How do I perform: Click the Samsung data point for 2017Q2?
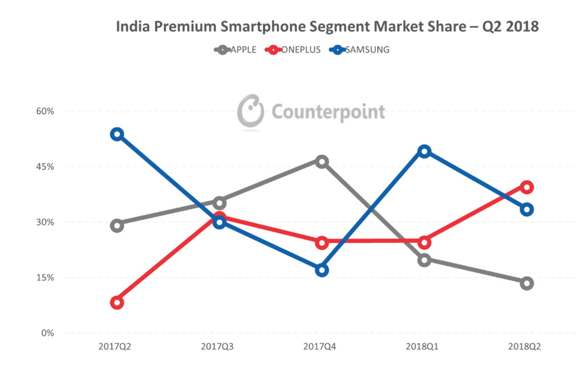point(117,134)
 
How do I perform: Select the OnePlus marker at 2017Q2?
point(117,302)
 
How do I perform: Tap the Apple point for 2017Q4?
point(322,161)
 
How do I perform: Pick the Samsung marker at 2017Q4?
point(322,270)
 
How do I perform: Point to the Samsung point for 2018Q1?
point(424,151)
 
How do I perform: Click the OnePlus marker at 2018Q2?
point(526,187)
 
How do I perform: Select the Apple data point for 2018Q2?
point(526,283)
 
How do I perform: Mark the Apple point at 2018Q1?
point(424,260)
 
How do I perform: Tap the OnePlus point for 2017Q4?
point(322,242)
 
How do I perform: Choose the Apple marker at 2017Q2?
point(117,225)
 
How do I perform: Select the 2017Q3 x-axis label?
point(220,346)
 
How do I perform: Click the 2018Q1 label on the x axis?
point(424,346)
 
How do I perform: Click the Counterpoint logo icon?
point(251,111)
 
